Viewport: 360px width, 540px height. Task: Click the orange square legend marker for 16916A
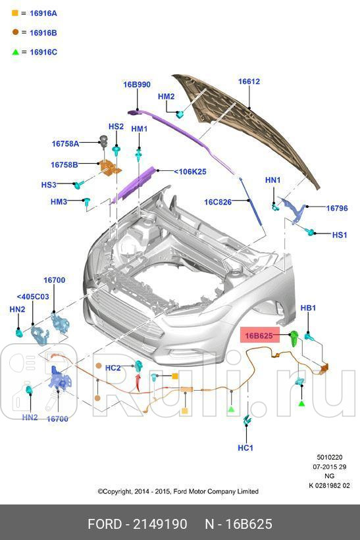(x=15, y=13)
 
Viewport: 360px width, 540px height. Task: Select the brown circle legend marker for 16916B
(x=15, y=32)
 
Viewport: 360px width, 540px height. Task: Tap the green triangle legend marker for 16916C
(x=15, y=52)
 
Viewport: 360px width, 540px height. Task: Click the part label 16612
(x=249, y=82)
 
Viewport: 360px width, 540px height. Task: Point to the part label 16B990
(x=136, y=85)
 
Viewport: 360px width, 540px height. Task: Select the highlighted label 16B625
(x=259, y=336)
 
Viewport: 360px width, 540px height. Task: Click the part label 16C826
(x=218, y=203)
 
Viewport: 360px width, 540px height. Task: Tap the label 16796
(x=337, y=209)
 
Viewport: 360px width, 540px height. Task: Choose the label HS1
(x=339, y=235)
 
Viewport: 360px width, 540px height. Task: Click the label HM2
(x=166, y=97)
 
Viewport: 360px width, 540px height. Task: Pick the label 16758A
(x=65, y=143)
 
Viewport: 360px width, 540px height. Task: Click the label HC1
(x=245, y=448)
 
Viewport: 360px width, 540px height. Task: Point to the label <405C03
(x=33, y=297)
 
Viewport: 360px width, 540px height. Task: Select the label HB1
(x=308, y=308)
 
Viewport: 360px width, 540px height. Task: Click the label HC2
(x=113, y=368)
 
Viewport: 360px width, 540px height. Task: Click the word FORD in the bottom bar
(x=105, y=524)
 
